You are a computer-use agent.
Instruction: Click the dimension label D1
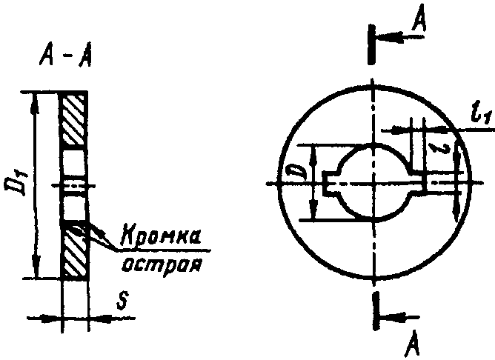pos(21,182)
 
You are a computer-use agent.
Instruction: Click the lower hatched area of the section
pos(74,252)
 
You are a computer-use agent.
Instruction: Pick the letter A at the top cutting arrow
pos(419,24)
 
